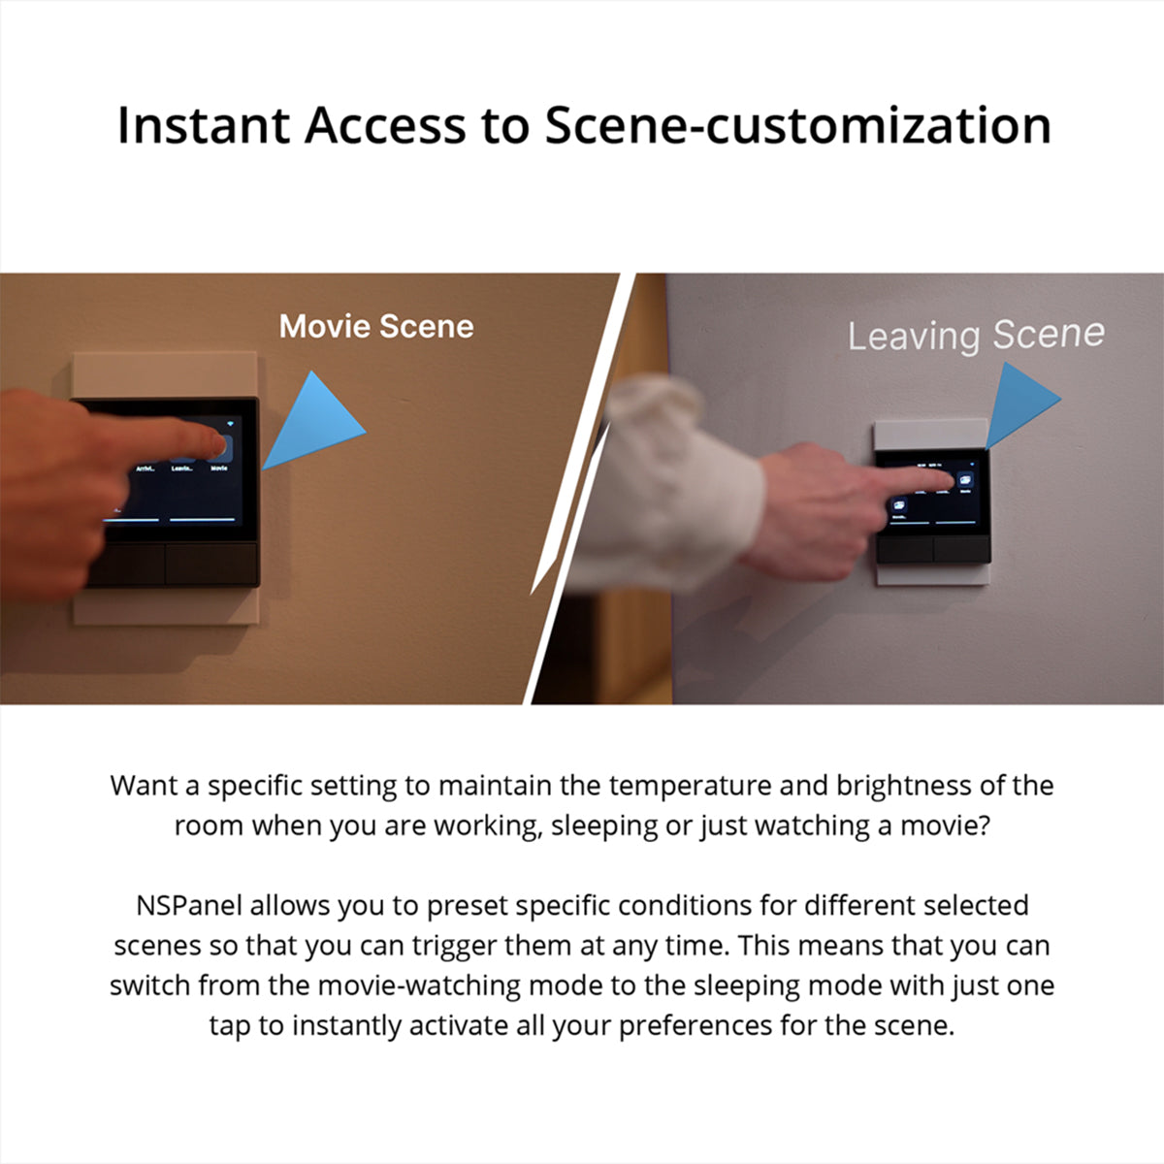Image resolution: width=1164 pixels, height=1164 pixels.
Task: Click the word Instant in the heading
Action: (204, 126)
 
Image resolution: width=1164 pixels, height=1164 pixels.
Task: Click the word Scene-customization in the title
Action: (796, 126)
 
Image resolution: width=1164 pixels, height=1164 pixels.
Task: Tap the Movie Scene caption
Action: (376, 327)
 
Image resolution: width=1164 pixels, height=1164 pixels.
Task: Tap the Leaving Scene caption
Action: (975, 335)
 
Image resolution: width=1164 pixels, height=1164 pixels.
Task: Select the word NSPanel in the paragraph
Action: (188, 906)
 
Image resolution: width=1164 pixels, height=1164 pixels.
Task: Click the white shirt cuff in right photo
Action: (679, 485)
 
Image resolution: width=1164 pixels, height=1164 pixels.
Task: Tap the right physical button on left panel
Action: (210, 565)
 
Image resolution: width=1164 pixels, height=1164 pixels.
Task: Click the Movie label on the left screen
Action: (219, 469)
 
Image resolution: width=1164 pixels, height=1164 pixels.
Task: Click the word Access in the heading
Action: (386, 126)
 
